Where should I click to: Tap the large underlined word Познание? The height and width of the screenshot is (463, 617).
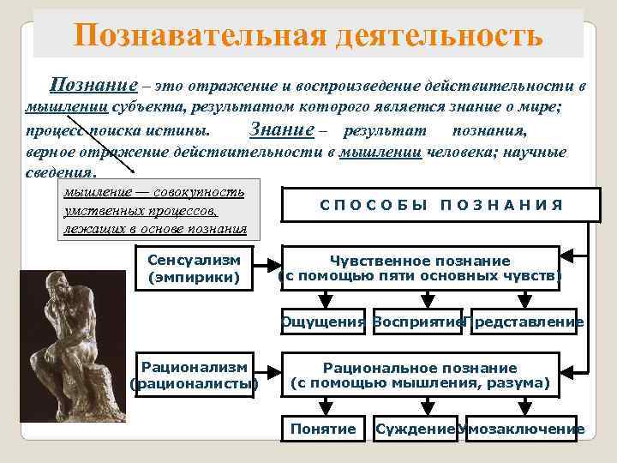click(93, 85)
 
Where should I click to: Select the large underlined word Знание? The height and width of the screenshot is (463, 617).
click(279, 130)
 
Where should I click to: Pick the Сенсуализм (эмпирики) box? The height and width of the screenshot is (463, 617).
click(194, 268)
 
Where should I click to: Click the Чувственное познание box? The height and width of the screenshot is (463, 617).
click(420, 268)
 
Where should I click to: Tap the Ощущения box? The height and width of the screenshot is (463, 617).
click(323, 322)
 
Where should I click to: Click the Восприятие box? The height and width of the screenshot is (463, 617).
click(417, 322)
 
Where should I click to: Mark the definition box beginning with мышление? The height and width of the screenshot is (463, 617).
click(155, 211)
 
